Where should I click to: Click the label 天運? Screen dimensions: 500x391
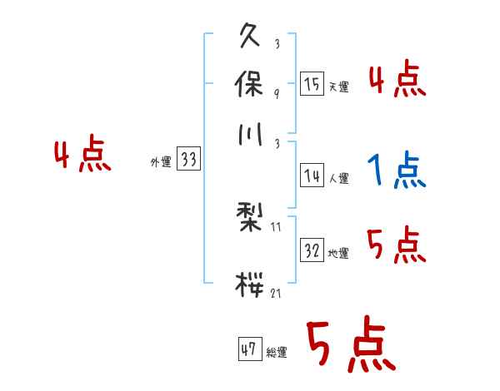(x=338, y=87)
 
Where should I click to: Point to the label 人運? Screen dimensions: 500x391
(x=338, y=178)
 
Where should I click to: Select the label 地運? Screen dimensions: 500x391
(x=338, y=253)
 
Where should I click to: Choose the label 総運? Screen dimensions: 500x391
(x=277, y=352)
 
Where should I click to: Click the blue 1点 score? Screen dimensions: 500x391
(x=397, y=171)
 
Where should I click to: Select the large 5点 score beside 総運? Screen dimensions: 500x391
(x=350, y=346)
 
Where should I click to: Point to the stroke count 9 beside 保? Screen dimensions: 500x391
(x=276, y=94)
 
